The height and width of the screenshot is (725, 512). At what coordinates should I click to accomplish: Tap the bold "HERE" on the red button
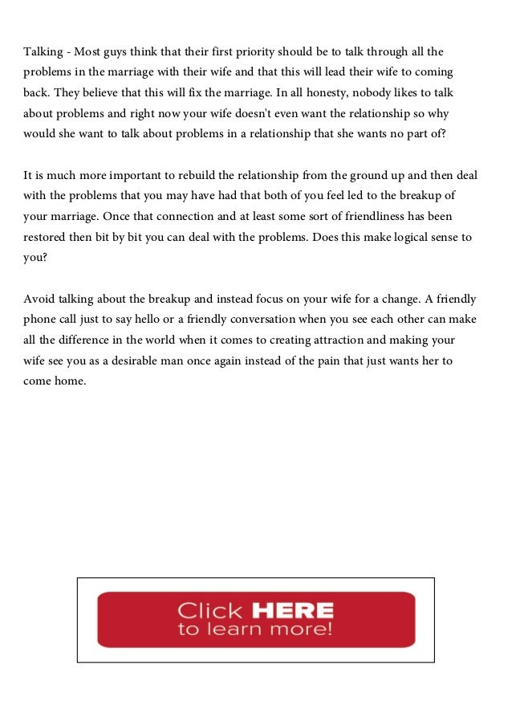point(291,610)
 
